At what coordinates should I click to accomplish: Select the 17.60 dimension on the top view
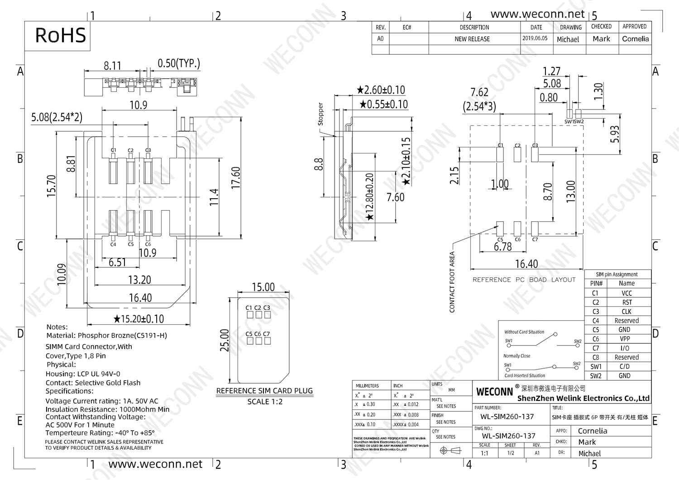tap(236, 178)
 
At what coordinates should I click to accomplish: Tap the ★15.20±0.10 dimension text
tap(139, 319)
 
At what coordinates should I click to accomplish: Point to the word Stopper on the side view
tap(320, 114)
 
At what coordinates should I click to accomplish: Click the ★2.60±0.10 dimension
tap(381, 90)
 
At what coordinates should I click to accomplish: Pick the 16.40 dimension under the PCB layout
tap(526, 264)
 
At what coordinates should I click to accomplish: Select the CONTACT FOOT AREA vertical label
tap(452, 282)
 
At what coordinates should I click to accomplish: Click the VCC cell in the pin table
tap(626, 293)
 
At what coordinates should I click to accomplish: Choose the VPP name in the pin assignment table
tap(625, 339)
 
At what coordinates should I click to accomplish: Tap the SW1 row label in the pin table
tap(596, 366)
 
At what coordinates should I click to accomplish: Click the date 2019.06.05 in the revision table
tap(535, 39)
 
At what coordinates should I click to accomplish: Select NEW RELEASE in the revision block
tap(472, 39)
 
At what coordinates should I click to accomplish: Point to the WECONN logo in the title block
tap(494, 391)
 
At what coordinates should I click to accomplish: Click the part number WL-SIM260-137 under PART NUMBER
tap(507, 417)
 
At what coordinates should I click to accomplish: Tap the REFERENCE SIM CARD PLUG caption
tap(264, 391)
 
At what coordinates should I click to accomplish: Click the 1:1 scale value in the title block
tap(484, 453)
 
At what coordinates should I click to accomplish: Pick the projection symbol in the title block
tap(450, 450)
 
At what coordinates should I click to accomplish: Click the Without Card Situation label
tap(524, 332)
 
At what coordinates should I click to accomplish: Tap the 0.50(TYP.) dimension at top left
tap(179, 63)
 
